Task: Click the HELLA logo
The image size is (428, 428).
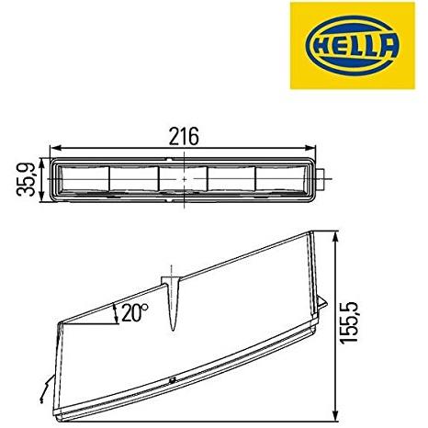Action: point(353,46)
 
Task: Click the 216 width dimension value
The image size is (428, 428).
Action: point(184,137)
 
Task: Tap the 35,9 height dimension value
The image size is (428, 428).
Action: point(26,180)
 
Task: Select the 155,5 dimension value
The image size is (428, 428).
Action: point(349,322)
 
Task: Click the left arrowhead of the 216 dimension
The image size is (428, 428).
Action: point(54,148)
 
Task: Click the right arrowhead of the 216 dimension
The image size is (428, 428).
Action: point(311,148)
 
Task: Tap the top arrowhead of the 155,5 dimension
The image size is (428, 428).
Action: point(336,236)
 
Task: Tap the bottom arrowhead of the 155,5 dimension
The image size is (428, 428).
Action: point(336,416)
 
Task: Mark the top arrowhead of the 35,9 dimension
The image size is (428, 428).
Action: point(42,163)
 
